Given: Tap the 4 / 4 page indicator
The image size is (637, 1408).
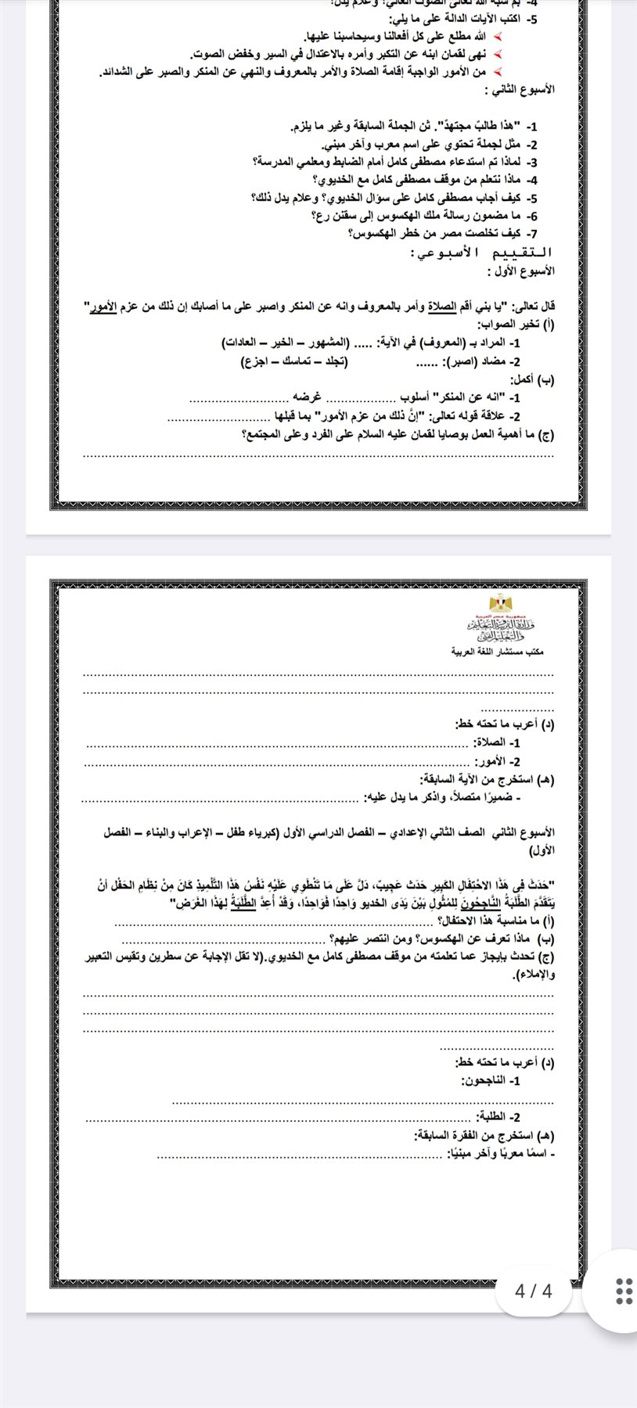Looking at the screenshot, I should click(534, 1291).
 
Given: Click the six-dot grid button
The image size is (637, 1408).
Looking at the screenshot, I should click(624, 1291).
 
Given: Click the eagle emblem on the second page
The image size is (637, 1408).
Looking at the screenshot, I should click(498, 603).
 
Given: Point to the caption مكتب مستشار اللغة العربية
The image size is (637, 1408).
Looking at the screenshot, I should click(498, 651).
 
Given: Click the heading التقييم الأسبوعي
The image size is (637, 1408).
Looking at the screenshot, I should click(482, 253).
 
